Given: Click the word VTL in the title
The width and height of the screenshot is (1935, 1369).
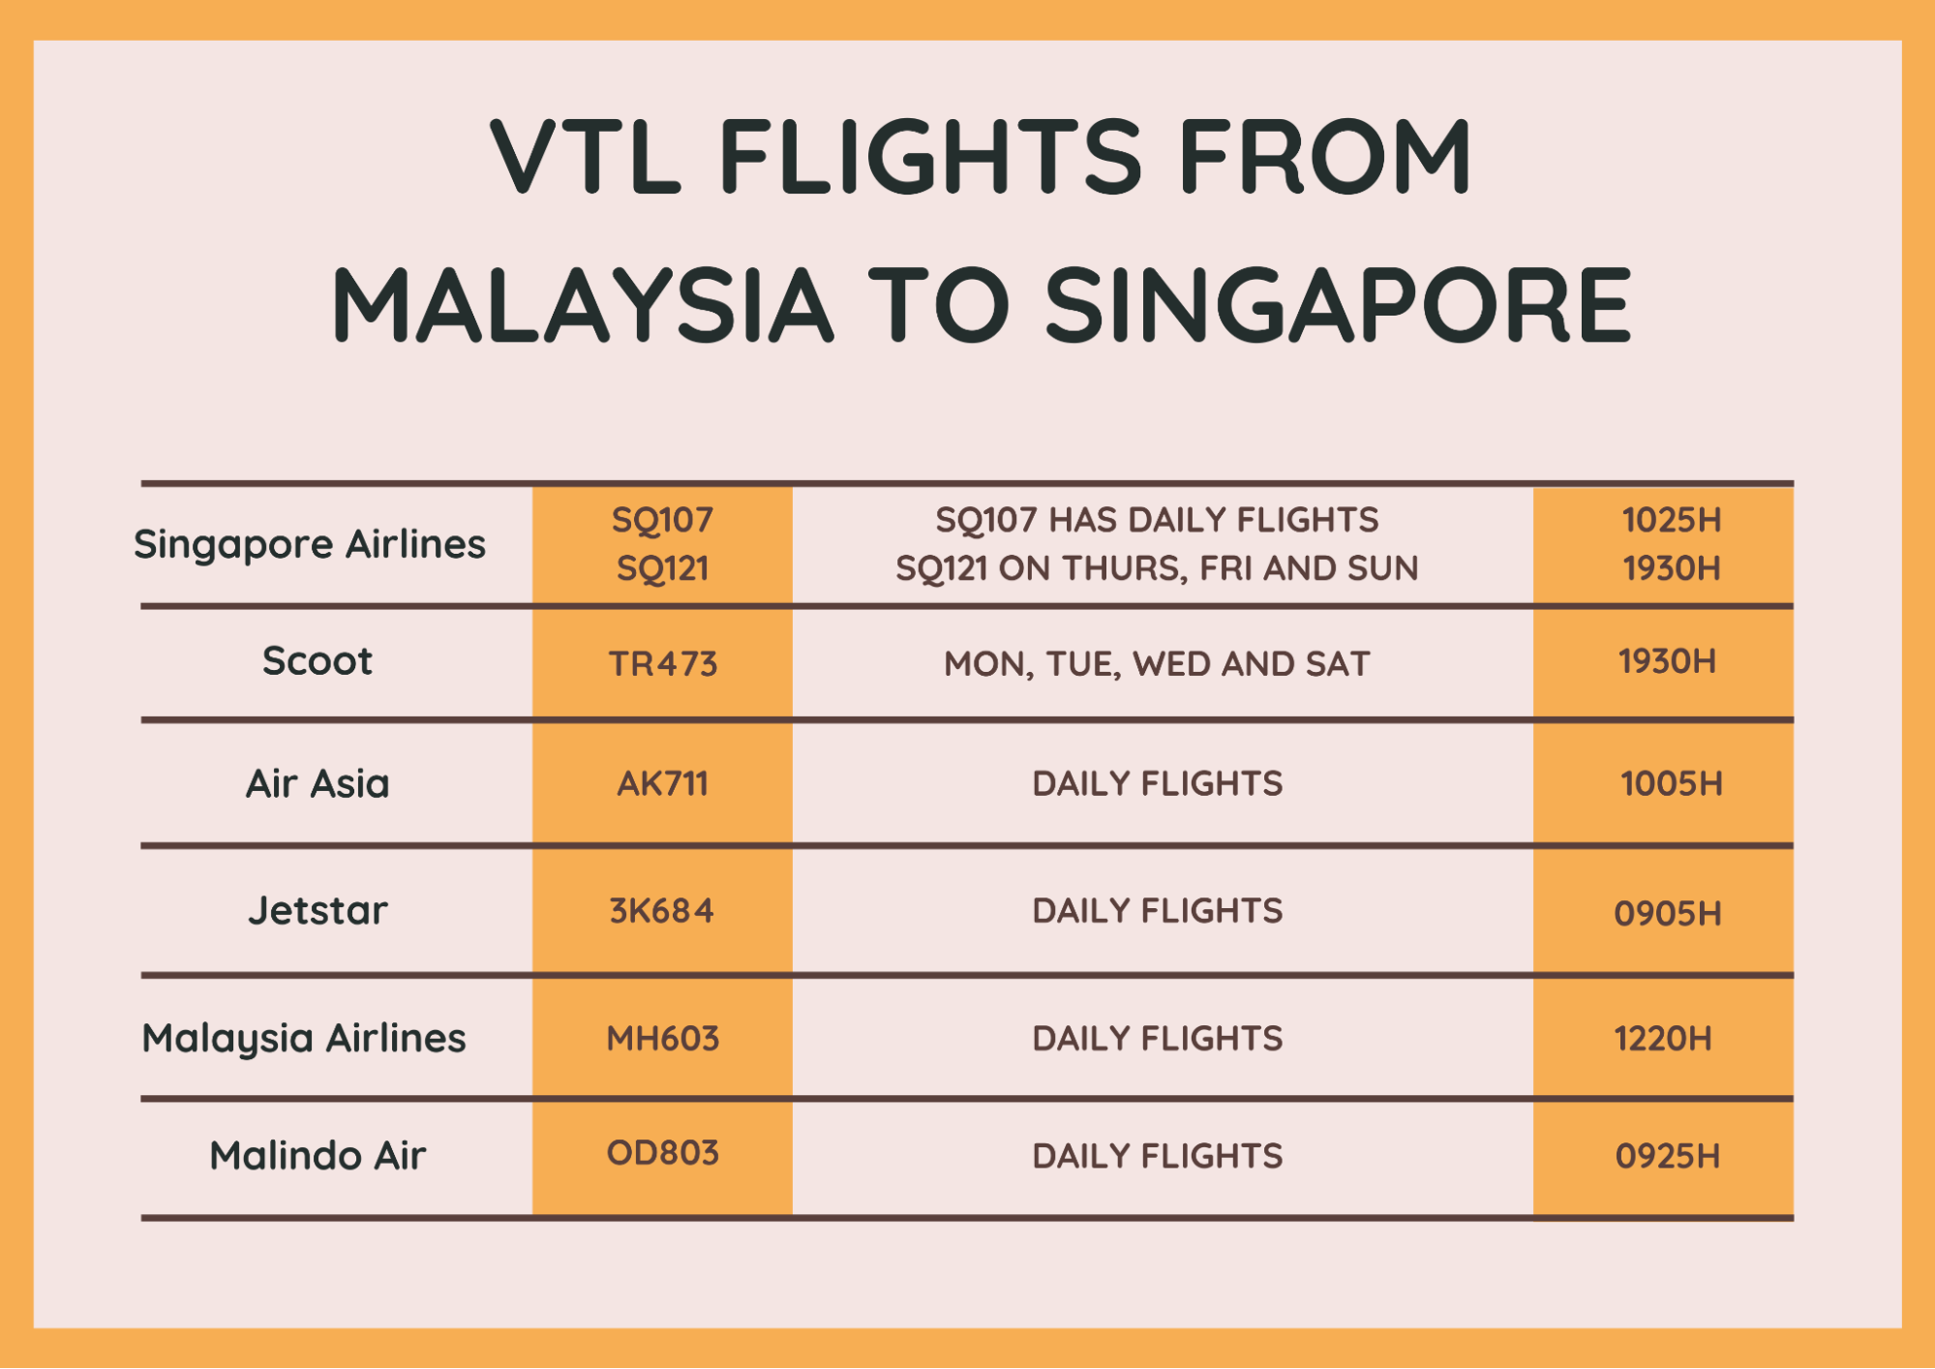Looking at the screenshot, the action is click(586, 156).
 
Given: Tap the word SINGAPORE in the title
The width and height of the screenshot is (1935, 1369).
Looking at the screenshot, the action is click(1339, 306).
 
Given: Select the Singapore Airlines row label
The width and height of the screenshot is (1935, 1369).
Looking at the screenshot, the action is click(310, 545).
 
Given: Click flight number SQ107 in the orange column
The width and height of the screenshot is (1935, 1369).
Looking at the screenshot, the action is click(662, 521).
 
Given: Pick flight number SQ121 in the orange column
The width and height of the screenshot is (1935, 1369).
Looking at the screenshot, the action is click(662, 568).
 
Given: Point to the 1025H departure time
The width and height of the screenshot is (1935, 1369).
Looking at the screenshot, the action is click(1672, 520).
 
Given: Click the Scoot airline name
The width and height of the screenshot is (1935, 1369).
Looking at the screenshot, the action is click(317, 661).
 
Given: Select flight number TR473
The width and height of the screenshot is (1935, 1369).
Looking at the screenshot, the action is click(662, 664).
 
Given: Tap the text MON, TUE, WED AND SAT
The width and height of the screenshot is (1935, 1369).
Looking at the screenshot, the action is click(1157, 664).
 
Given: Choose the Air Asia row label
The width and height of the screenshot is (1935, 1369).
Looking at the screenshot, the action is click(317, 784).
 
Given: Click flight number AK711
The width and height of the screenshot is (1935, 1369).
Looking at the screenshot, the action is click(662, 783).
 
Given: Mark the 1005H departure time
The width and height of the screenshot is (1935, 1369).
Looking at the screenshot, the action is click(1672, 783).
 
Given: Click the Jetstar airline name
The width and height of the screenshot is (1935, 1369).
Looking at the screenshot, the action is click(317, 911).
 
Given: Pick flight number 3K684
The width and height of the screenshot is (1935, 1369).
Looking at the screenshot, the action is click(662, 911).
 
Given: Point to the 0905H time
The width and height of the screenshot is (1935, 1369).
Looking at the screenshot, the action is click(1668, 913).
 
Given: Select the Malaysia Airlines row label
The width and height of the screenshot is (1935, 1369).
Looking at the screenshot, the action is click(304, 1039).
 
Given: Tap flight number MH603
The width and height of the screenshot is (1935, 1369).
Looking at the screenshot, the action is click(662, 1039).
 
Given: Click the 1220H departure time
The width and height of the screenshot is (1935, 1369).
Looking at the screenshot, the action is click(1663, 1039).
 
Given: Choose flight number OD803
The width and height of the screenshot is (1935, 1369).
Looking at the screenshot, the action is click(662, 1153).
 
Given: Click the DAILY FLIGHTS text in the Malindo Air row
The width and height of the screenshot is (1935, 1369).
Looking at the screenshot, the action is click(1157, 1156).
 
